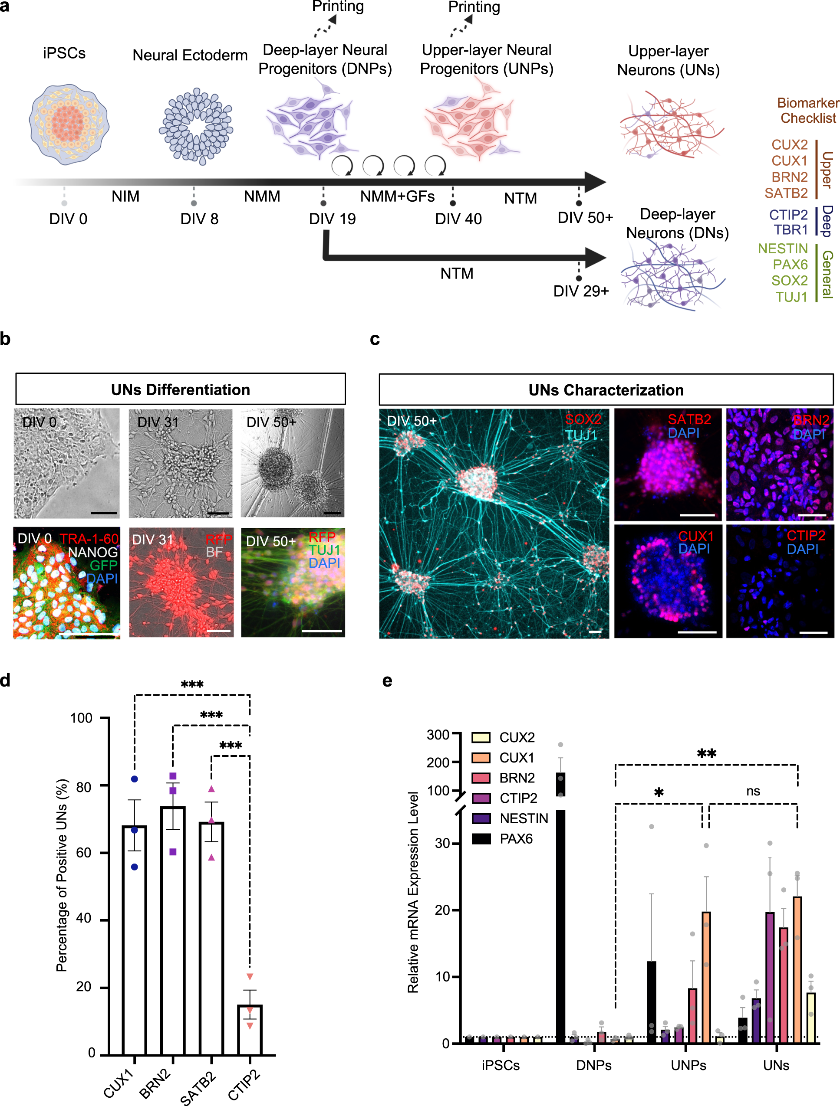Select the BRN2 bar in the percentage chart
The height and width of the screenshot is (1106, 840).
(173, 930)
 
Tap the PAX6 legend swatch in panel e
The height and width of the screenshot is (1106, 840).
(481, 838)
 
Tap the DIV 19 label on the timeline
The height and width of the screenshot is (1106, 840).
(332, 219)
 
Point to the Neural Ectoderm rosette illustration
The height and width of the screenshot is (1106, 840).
(196, 126)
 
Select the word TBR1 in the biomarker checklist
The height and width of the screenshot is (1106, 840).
(791, 229)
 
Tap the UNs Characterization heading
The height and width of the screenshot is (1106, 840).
(606, 390)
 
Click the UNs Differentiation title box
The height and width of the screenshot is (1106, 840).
(180, 389)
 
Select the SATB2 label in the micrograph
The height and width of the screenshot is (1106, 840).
(689, 419)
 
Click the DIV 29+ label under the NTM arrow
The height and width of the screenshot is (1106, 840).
(580, 291)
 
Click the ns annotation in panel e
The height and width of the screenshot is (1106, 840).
(753, 792)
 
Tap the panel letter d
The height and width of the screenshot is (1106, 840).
(6, 681)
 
